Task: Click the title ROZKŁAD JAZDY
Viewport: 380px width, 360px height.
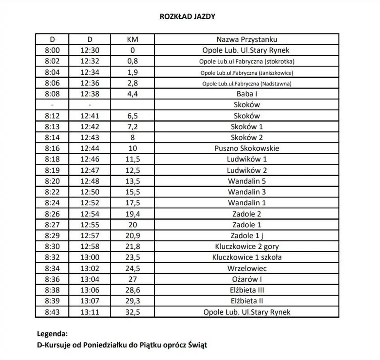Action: point(187,16)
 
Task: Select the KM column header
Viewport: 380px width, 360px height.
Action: point(132,39)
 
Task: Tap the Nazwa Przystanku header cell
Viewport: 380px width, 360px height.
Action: point(246,39)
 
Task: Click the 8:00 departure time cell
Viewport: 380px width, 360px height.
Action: point(52,50)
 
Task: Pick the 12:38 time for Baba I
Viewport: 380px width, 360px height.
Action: point(90,94)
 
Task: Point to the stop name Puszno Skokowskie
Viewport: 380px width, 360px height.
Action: point(246,148)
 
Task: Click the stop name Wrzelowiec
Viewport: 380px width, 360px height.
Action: point(246,268)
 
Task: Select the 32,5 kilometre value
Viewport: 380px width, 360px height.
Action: point(132,312)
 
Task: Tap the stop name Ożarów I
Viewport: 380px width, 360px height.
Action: point(246,279)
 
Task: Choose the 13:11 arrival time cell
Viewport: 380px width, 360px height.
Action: point(90,312)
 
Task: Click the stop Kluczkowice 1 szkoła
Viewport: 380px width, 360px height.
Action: point(246,258)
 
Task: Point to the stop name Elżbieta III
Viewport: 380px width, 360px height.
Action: point(246,290)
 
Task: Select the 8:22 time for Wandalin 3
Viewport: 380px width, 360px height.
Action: point(52,192)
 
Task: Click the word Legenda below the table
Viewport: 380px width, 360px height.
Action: point(52,333)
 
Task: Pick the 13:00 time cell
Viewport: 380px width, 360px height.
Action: point(90,258)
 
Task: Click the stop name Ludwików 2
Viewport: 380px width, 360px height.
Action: point(246,170)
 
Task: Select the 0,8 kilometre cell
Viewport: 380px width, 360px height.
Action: point(132,61)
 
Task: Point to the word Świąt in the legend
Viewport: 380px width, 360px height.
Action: point(196,345)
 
